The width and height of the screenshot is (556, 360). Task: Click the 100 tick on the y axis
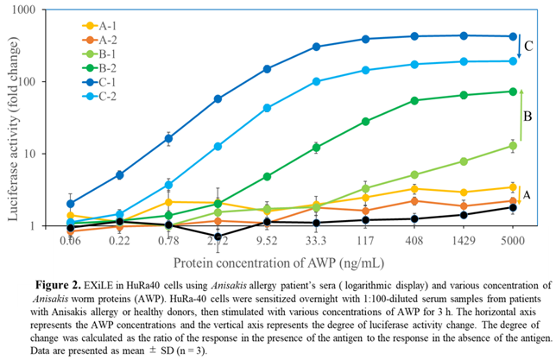(38, 82)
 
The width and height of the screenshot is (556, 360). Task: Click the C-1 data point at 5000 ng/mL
(513, 36)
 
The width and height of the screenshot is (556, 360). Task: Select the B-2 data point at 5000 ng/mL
(513, 91)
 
